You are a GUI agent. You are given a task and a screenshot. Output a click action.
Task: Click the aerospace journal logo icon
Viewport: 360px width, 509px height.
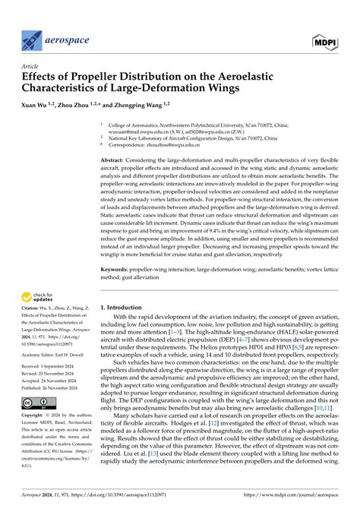[33, 37]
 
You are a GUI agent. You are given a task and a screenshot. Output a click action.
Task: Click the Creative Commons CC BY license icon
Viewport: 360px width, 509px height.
[37, 423]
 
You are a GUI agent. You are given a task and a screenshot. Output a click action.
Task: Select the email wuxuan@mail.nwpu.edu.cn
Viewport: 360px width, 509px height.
[141, 129]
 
